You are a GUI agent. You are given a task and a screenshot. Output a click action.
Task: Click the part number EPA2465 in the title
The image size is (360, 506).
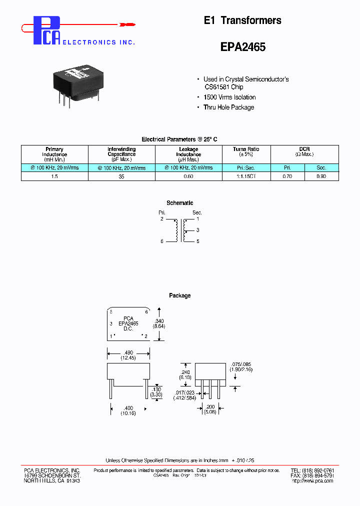(243, 47)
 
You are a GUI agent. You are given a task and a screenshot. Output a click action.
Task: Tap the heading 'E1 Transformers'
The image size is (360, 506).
(242, 20)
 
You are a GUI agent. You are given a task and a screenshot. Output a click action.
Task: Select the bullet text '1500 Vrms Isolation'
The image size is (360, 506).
(229, 97)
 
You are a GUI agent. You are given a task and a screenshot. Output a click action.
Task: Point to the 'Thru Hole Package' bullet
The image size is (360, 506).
(228, 107)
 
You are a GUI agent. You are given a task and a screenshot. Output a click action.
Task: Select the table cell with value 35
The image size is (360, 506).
(121, 176)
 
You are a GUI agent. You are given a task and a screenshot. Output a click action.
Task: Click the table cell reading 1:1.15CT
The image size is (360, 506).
(245, 176)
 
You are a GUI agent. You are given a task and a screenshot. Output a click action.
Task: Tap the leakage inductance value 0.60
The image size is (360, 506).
(188, 176)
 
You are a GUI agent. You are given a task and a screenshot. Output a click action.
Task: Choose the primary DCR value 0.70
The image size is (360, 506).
(287, 176)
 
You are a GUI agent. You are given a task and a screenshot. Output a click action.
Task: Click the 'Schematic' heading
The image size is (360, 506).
(179, 203)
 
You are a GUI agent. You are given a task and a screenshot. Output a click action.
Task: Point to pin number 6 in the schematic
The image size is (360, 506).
(162, 241)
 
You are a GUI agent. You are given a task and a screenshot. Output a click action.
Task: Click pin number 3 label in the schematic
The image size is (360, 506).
(197, 230)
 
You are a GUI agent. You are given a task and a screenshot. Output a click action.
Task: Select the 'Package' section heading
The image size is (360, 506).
(179, 295)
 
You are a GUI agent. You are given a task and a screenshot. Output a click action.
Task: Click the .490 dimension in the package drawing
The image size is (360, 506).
(128, 352)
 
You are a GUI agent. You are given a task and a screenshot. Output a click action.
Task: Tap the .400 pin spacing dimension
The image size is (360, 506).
(128, 409)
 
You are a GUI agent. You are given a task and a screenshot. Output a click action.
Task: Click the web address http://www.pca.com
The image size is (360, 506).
(312, 481)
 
